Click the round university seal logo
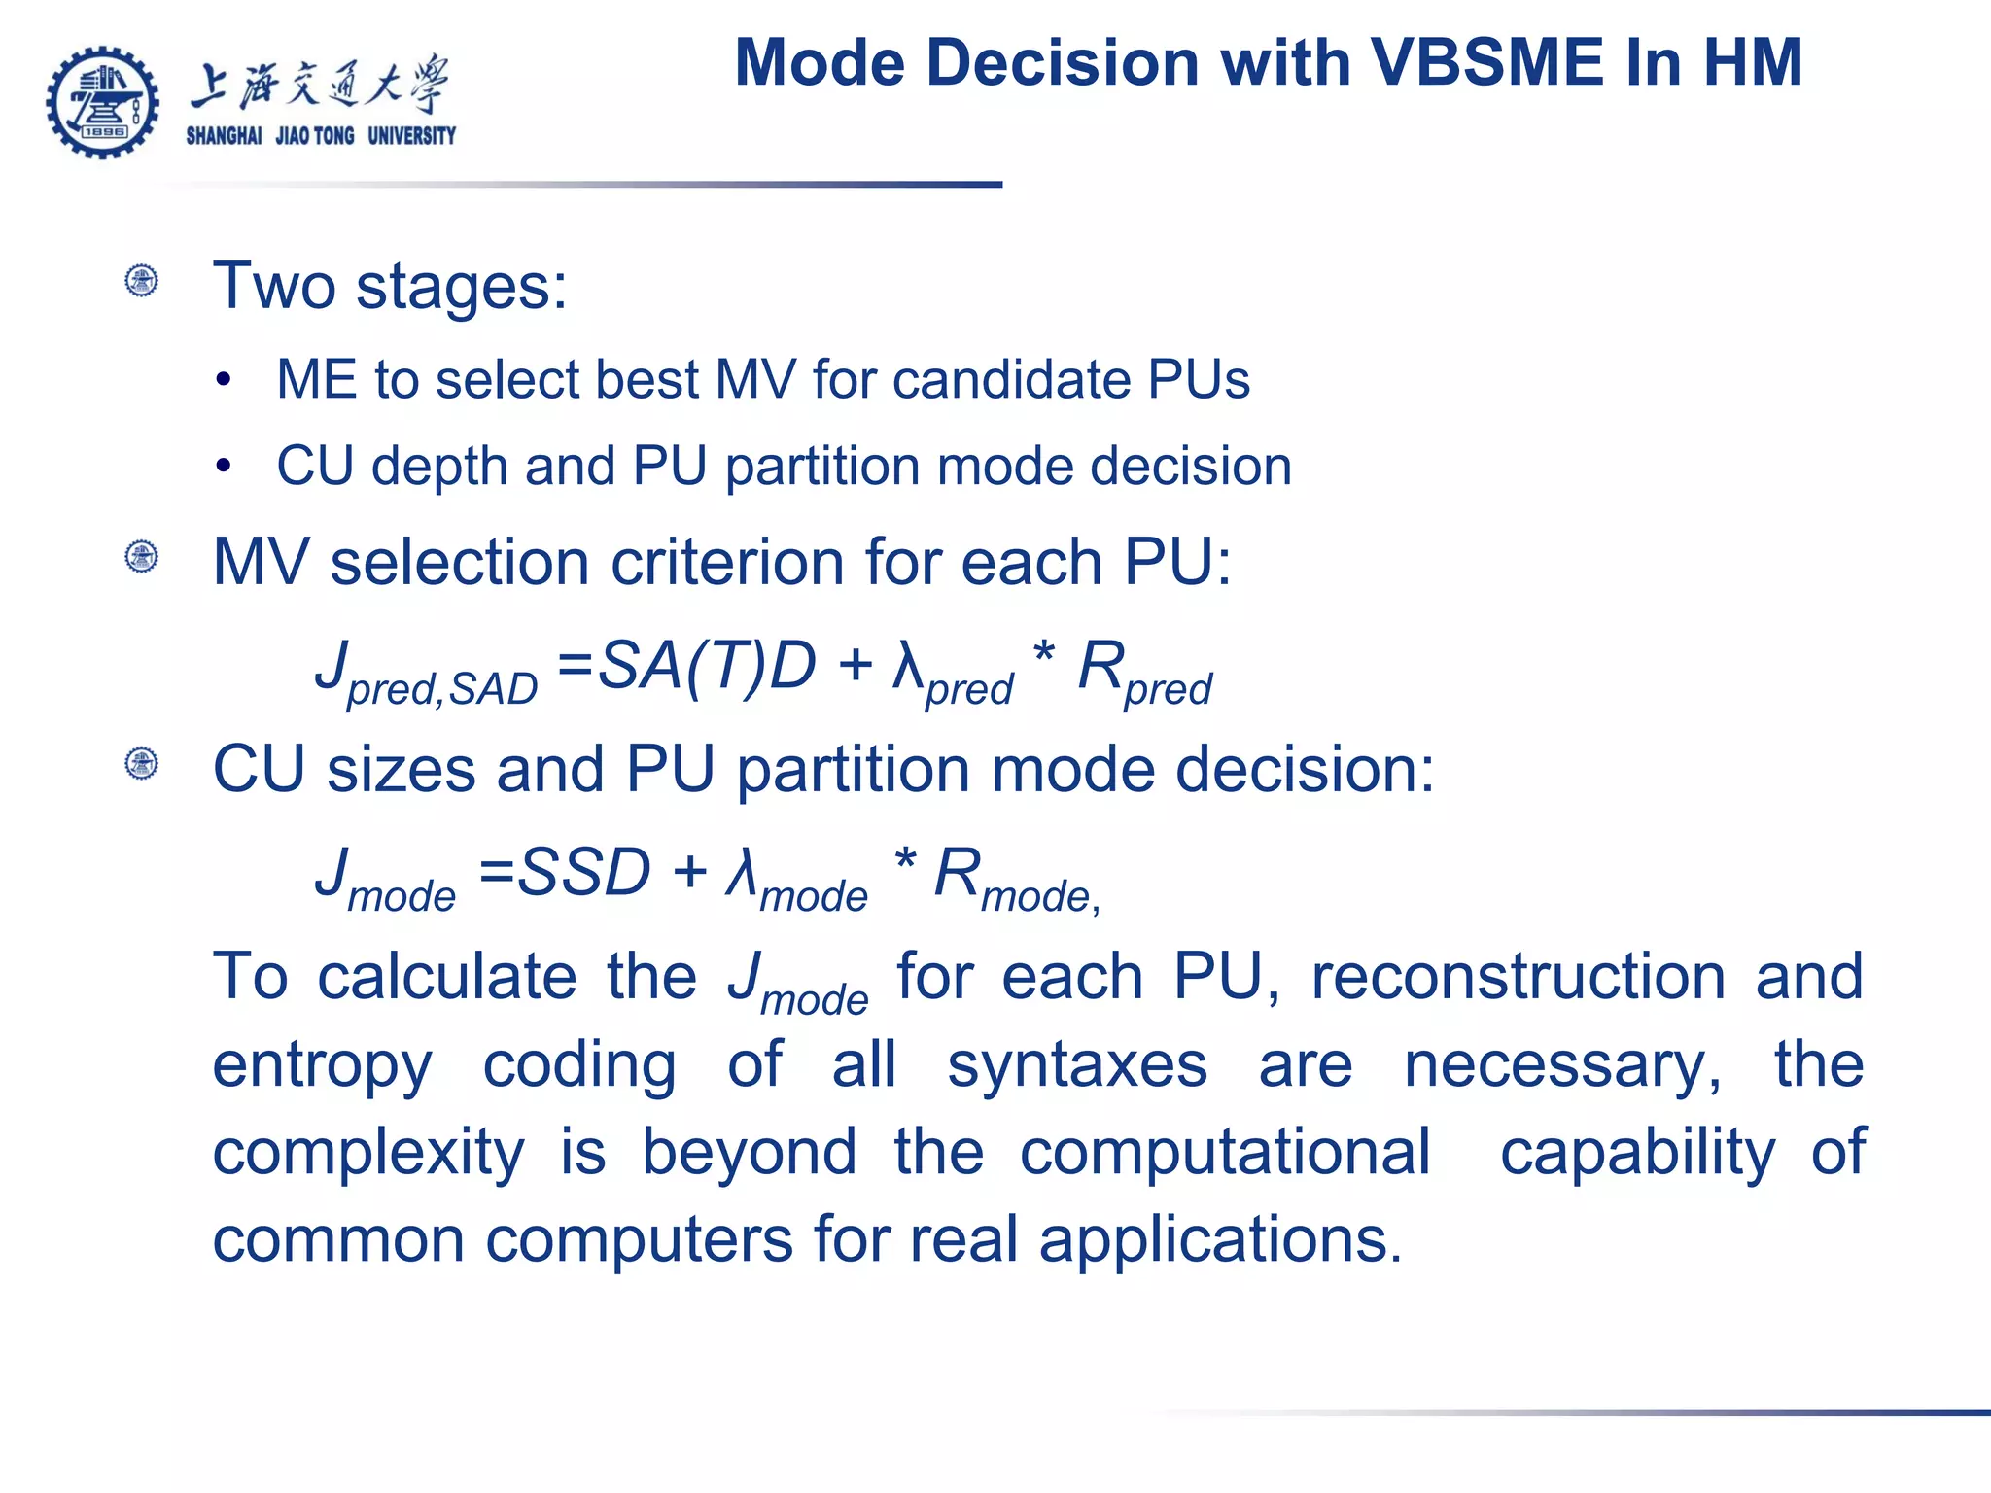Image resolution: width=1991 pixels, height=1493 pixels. (102, 102)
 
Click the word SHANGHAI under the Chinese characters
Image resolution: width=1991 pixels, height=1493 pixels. (224, 136)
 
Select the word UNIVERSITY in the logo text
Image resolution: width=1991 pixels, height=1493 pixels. (411, 136)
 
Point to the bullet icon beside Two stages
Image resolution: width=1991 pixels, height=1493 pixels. (142, 281)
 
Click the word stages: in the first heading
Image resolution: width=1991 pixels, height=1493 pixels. (461, 288)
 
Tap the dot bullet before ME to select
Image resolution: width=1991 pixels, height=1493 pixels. (224, 380)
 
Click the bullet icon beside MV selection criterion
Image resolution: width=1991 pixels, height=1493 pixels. (142, 557)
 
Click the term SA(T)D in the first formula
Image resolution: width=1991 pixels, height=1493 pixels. (706, 667)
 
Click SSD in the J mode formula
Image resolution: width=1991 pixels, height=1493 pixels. (583, 872)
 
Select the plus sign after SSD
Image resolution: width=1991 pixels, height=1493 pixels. (689, 871)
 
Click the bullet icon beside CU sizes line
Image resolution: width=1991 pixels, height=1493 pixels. (142, 763)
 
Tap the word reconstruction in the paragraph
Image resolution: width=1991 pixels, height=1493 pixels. (1518, 977)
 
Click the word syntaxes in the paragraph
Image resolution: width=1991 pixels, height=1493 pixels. (1077, 1065)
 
